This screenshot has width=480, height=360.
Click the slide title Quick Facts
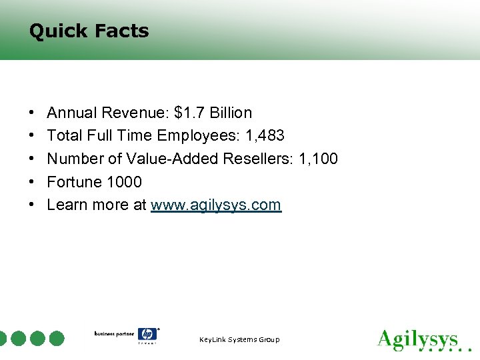click(89, 31)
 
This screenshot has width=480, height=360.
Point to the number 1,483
click(265, 136)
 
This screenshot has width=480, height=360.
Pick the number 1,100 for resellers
click(318, 159)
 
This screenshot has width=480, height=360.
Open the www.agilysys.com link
click(216, 205)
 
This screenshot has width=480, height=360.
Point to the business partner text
click(113, 333)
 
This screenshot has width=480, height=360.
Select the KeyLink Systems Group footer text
click(239, 340)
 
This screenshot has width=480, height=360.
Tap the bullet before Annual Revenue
click(32, 113)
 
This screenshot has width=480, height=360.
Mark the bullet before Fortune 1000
click(32, 182)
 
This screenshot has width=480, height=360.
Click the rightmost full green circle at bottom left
click(57, 338)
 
